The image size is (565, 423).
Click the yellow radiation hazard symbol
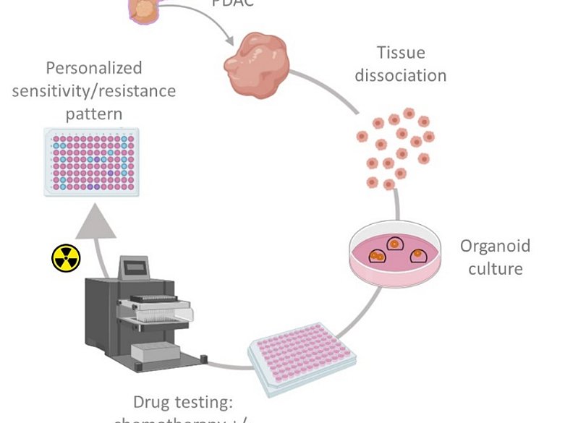[x=66, y=257]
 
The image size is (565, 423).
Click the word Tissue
[x=400, y=53]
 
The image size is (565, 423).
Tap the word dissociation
[x=400, y=74]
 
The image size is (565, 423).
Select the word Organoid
[x=495, y=246]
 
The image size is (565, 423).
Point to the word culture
[x=495, y=268]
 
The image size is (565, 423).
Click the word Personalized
[x=94, y=68]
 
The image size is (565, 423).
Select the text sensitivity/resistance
[x=94, y=90]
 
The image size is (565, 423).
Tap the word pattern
[x=94, y=114]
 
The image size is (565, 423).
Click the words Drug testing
[x=182, y=401]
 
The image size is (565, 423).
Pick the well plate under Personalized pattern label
[x=91, y=161]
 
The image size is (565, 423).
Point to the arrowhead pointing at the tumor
[x=229, y=42]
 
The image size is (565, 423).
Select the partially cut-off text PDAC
[x=232, y=3]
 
